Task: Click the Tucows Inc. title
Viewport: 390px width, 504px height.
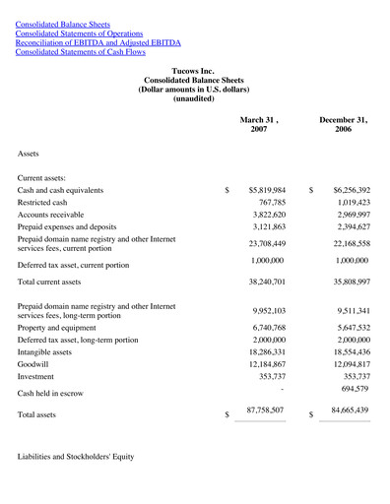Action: tap(193, 72)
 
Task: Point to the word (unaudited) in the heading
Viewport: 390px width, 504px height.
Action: tap(193, 98)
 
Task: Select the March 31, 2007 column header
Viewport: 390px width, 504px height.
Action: tap(259, 124)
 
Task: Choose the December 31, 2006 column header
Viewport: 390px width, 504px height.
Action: tap(343, 124)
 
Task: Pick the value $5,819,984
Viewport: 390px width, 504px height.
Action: tap(267, 190)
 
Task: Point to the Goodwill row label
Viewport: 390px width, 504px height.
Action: tap(35, 363)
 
